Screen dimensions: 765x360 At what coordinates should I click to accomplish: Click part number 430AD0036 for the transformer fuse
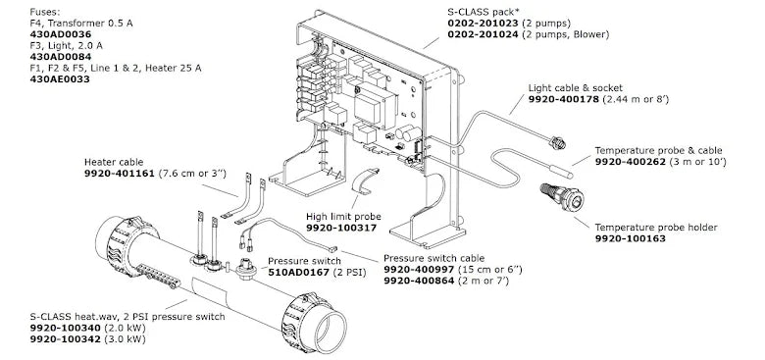(61, 34)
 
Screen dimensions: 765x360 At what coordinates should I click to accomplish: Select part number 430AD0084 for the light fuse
(61, 57)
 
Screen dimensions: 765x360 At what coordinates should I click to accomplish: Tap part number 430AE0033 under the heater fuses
(60, 78)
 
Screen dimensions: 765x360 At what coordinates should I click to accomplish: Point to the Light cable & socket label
(576, 88)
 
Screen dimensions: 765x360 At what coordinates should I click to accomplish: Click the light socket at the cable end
(557, 143)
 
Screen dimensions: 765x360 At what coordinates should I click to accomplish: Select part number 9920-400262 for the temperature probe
(630, 162)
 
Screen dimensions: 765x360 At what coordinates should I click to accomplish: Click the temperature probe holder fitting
(562, 196)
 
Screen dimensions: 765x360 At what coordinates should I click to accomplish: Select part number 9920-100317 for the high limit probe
(341, 228)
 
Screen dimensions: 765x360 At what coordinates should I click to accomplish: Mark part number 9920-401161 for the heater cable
(120, 174)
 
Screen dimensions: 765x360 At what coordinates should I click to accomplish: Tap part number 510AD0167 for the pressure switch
(298, 272)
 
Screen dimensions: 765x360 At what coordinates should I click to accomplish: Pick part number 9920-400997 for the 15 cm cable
(419, 270)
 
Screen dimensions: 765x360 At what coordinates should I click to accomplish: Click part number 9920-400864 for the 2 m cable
(419, 281)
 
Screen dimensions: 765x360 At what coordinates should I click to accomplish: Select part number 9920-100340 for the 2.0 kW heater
(65, 328)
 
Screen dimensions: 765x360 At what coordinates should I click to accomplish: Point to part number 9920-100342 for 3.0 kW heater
(65, 339)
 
